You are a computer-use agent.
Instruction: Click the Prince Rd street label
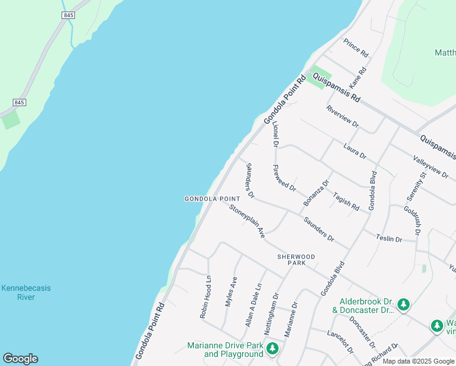[356, 48]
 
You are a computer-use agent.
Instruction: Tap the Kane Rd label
[358, 77]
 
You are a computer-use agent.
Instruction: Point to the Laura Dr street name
[354, 152]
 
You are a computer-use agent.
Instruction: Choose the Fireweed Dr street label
[284, 178]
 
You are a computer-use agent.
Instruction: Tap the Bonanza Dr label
[316, 192]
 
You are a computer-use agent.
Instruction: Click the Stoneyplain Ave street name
[247, 221]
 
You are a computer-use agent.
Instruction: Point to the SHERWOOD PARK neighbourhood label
[296, 260]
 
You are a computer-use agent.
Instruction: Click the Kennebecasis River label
[26, 292]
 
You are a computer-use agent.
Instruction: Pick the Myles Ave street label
[231, 292]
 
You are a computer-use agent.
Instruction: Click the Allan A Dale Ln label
[253, 304]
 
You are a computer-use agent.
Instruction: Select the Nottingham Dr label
[272, 313]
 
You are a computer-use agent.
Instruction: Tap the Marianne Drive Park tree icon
[273, 348]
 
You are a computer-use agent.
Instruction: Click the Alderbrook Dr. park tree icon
[403, 304]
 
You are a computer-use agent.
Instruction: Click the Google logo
[20, 359]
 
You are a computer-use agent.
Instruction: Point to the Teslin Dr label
[389, 239]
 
